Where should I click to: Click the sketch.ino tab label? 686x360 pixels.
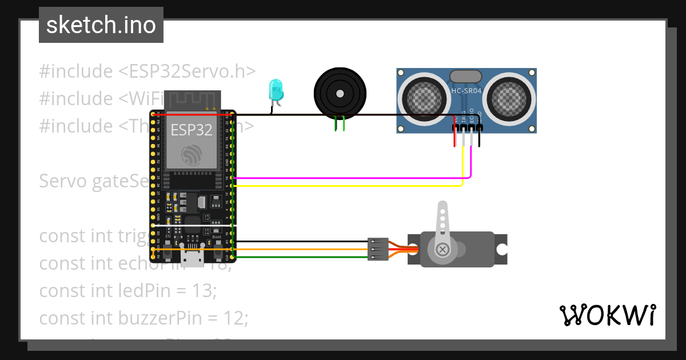point(101,25)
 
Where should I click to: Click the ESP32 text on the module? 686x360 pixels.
point(192,130)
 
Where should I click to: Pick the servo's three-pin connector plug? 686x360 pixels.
point(378,249)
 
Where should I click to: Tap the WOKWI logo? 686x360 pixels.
point(607,315)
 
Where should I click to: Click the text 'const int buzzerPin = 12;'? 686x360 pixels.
point(143,318)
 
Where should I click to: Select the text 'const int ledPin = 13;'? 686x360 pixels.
point(128,290)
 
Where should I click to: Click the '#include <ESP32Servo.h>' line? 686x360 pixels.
point(147,71)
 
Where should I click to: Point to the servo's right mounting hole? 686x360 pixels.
point(501,249)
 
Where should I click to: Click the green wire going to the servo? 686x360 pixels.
point(303,257)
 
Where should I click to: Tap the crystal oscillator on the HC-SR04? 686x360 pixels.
point(466,76)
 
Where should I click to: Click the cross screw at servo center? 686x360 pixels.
point(442,249)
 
